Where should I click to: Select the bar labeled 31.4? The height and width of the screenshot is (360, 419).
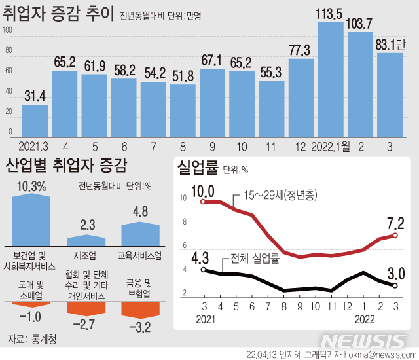pyautogui.click(x=35, y=121)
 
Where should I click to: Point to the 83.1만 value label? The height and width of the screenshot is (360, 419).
pyautogui.click(x=391, y=45)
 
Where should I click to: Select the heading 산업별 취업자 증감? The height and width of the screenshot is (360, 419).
pyautogui.click(x=66, y=165)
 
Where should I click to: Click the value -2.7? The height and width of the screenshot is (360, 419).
pyautogui.click(x=86, y=323)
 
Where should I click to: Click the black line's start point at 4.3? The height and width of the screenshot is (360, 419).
pyautogui.click(x=204, y=270)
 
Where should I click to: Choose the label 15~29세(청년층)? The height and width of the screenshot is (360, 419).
pyautogui.click(x=282, y=195)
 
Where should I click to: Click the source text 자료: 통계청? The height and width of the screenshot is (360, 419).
pyautogui.click(x=32, y=338)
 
